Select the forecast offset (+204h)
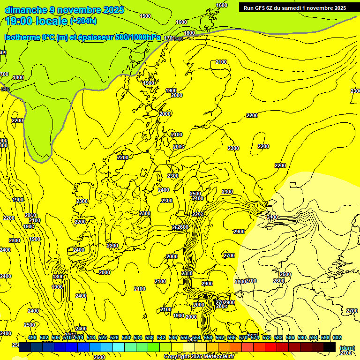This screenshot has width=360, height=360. tap(83, 21)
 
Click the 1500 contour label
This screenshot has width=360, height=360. tap(145, 16)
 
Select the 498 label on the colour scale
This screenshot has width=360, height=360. tap(32, 338)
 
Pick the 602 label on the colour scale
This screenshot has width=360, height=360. tap(337, 338)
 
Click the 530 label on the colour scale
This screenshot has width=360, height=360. tap(126, 338)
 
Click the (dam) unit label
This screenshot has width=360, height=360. tap(347, 347)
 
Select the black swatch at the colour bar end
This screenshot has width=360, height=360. tap(330, 347)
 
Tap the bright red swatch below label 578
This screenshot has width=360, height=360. tap(271, 347)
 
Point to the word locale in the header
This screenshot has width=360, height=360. tap(52, 21)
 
